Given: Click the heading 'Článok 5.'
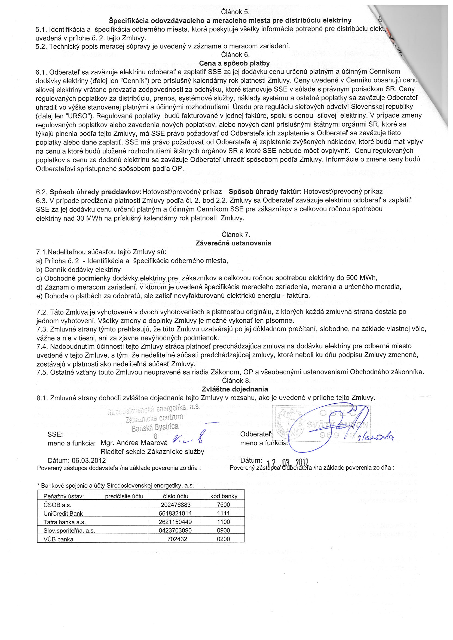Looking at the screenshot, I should pos(235,12).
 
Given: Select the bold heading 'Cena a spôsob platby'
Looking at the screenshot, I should pos(234,63).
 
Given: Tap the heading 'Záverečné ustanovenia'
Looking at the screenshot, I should pos(233,243).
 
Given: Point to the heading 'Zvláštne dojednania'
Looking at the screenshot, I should pos(235,389).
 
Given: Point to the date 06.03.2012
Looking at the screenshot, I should pos(89,460).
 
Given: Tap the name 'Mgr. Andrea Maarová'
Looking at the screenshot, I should pos(134,443).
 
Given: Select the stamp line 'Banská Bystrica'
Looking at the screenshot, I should pos(155,427).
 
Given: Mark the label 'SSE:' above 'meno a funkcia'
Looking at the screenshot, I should pos(55,434).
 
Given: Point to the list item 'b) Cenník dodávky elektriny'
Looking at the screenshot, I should pos(78,270).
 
